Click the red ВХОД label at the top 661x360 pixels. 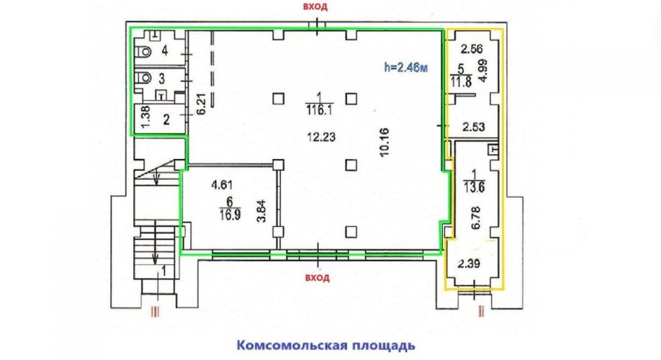(x=318, y=7)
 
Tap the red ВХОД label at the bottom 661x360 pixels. (x=318, y=278)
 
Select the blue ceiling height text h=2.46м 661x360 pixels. (x=406, y=67)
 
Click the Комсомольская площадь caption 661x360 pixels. (x=326, y=346)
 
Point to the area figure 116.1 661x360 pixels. (x=321, y=111)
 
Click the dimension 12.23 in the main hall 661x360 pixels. (x=321, y=137)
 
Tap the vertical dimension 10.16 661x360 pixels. (x=384, y=143)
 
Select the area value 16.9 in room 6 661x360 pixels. (x=230, y=215)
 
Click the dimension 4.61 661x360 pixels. (x=222, y=184)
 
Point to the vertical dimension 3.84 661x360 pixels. (x=262, y=211)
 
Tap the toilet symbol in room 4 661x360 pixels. (x=144, y=51)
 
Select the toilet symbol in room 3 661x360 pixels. (x=144, y=78)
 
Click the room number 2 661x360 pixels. (x=166, y=120)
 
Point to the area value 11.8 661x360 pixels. (x=461, y=82)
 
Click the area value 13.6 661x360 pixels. (x=475, y=187)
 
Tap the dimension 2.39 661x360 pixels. (x=469, y=264)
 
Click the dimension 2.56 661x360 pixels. (x=472, y=49)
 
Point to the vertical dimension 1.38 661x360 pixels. (x=145, y=117)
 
